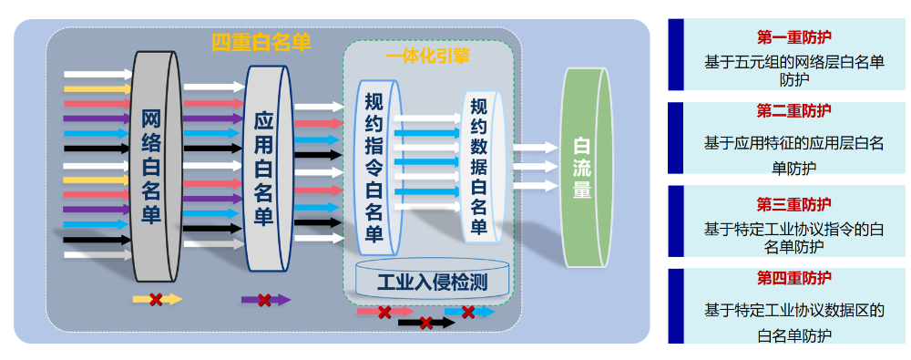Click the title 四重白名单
[x=261, y=42]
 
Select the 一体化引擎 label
[x=427, y=57]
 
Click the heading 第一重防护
[x=793, y=37]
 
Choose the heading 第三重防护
[x=793, y=203]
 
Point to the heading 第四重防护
[x=793, y=277]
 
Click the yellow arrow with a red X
[x=157, y=299]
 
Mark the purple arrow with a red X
[x=265, y=299]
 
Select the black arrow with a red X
[x=425, y=323]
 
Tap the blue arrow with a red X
[x=468, y=312]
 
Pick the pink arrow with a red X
[x=384, y=312]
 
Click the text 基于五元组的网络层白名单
[x=794, y=62]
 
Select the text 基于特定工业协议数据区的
[x=794, y=310]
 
